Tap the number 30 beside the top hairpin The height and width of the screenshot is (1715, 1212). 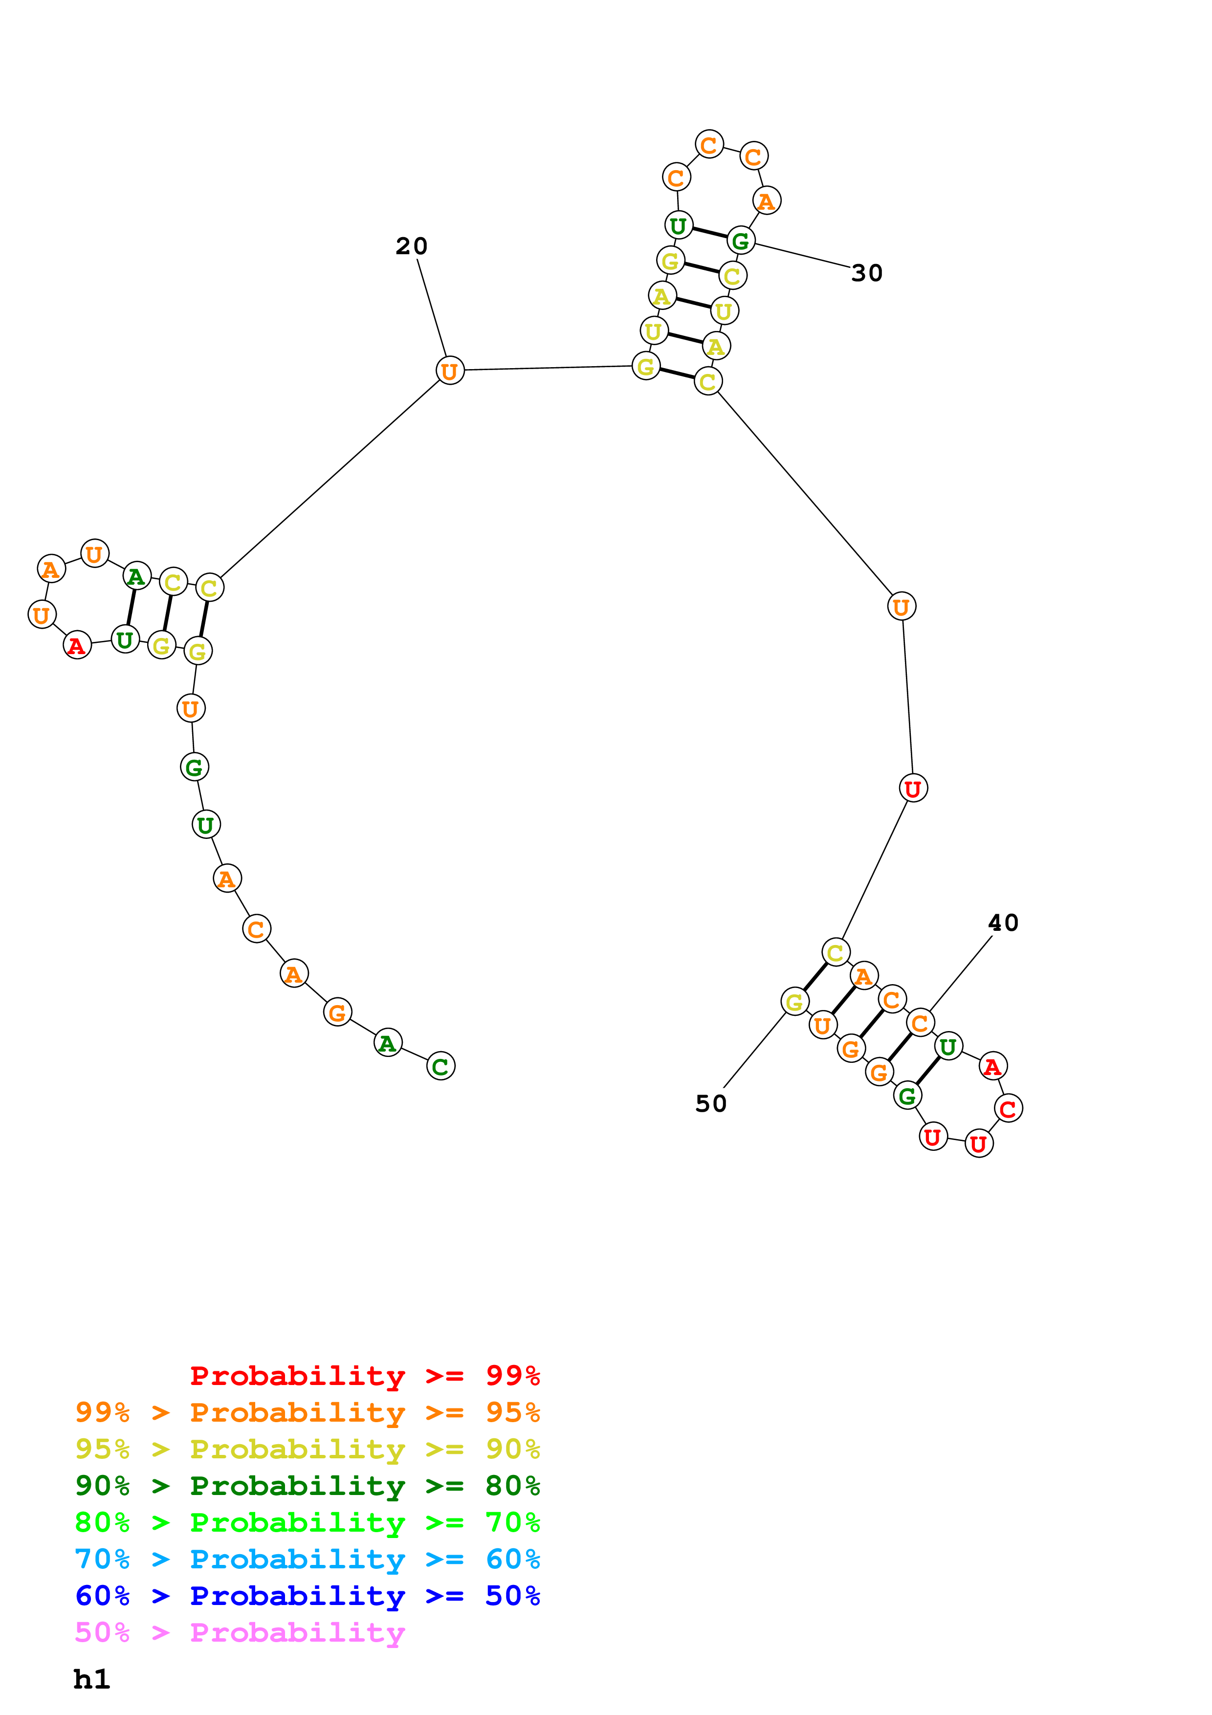point(866,273)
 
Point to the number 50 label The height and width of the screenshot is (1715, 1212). point(710,1104)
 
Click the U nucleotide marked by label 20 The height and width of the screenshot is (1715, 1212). point(450,371)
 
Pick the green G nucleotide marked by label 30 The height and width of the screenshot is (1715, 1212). point(741,241)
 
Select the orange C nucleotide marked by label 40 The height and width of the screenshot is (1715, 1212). point(920,1023)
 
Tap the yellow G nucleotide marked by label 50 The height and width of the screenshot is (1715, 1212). point(794,1002)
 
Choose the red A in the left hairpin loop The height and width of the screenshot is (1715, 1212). point(77,645)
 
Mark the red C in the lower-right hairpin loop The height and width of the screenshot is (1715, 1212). point(1008,1108)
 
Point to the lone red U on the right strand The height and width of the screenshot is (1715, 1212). point(913,788)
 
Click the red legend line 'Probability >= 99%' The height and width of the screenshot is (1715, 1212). point(364,1375)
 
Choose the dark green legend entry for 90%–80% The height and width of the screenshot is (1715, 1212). point(307,1486)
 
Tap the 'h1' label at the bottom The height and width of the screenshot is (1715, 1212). point(92,1679)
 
